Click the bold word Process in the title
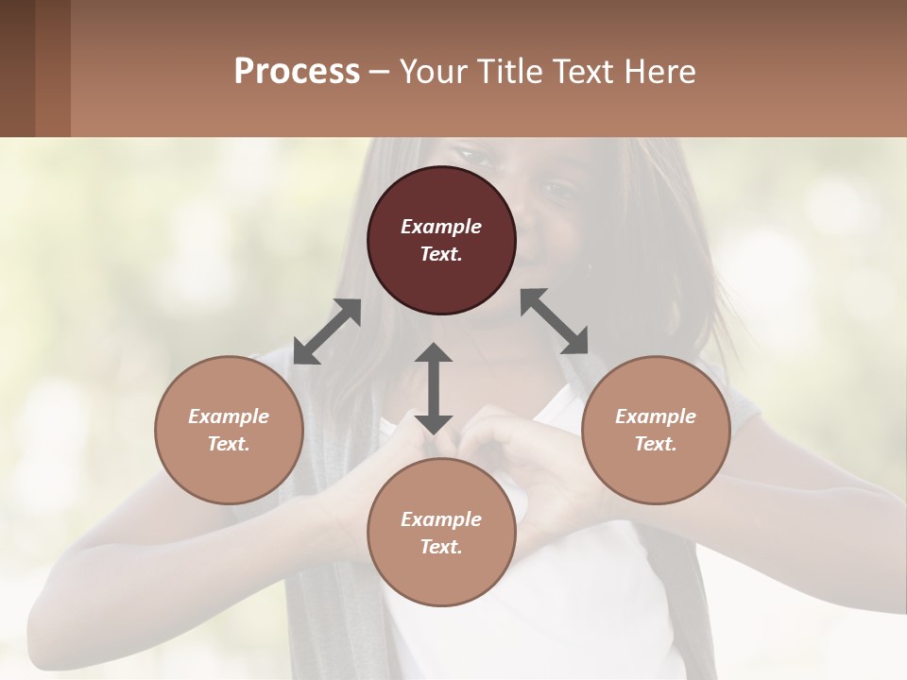click(297, 72)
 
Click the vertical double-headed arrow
click(434, 388)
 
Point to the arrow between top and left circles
click(327, 331)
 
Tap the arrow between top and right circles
click(555, 321)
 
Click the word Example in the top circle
click(441, 227)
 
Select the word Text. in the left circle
click(229, 444)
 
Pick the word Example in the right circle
click(656, 416)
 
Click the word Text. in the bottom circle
click(441, 547)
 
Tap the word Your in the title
click(430, 72)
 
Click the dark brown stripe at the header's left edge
click(17, 68)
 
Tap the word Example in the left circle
click(229, 416)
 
